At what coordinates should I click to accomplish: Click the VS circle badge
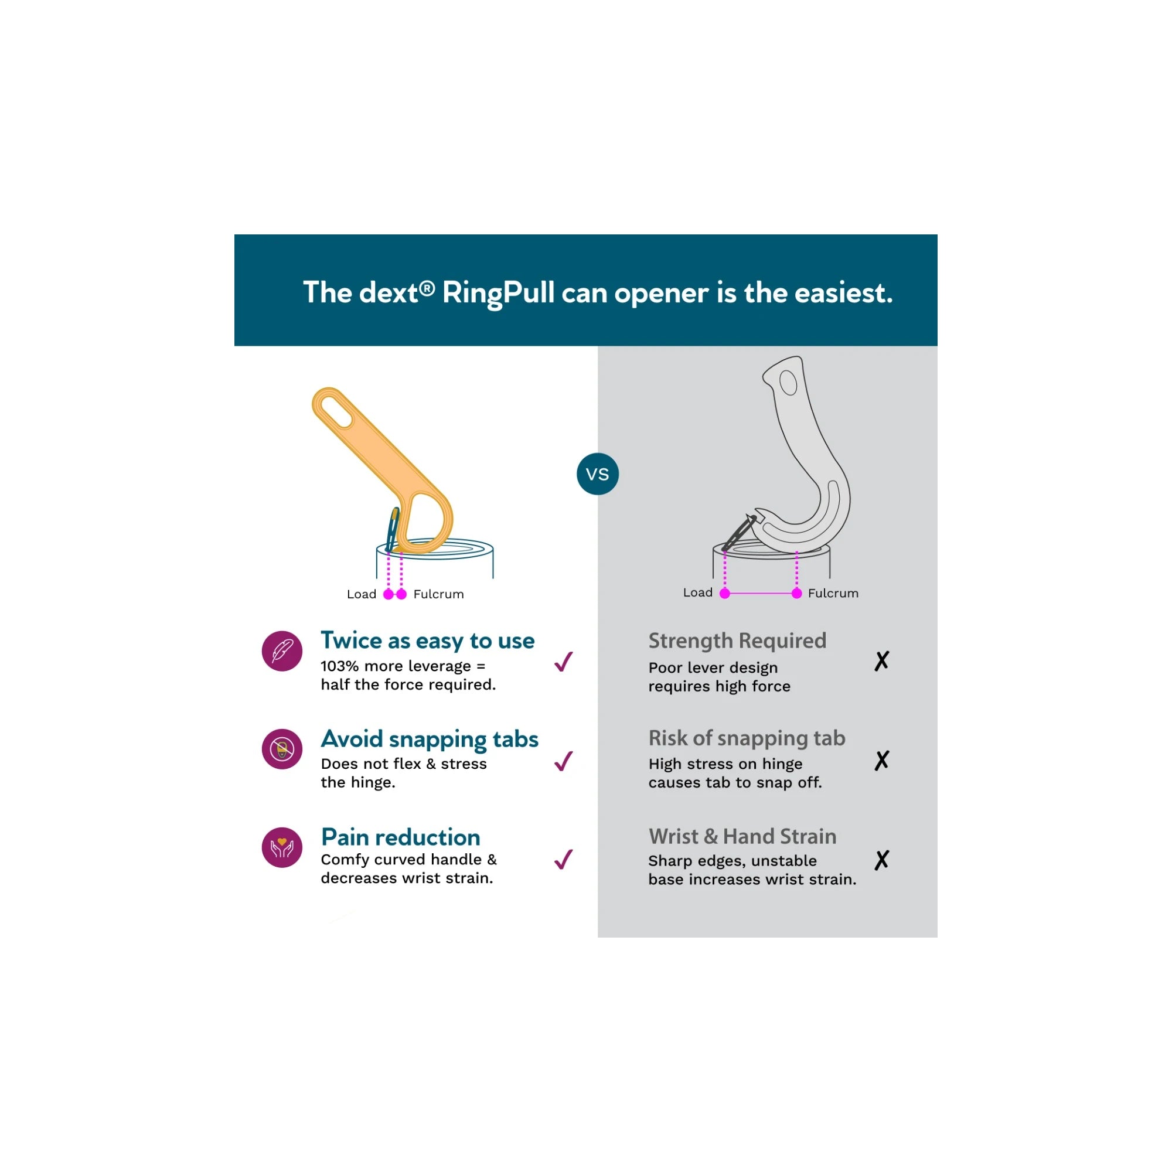598,473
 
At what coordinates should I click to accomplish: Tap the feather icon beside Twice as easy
282,651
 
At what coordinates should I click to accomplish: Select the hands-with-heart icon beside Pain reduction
282,847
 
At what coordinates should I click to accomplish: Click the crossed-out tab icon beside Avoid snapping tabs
282,749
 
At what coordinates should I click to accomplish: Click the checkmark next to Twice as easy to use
564,661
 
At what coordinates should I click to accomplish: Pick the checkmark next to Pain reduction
564,859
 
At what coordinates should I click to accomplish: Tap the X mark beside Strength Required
881,660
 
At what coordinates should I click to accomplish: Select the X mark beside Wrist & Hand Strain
881,860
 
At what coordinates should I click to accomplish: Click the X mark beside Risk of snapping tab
881,760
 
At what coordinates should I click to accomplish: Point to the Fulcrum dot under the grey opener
796,593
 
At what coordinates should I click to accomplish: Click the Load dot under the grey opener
724,593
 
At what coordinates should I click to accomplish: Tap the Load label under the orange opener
362,594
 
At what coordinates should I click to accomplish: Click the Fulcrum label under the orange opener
438,594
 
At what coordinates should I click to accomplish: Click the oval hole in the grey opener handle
788,383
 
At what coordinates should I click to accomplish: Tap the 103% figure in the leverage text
340,666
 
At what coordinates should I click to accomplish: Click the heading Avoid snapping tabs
430,740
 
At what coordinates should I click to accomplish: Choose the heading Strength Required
737,641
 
